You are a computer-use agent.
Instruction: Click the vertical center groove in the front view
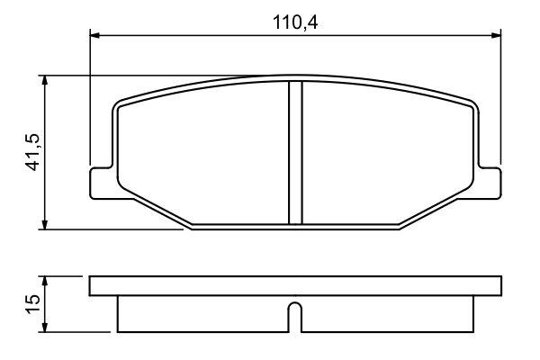[294, 153]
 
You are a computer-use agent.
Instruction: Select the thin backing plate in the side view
[294, 287]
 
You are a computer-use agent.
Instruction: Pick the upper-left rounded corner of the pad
[120, 105]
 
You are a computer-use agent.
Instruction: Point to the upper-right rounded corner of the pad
[470, 105]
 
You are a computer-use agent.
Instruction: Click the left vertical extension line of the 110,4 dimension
[91, 99]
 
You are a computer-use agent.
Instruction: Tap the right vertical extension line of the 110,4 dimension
[500, 99]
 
